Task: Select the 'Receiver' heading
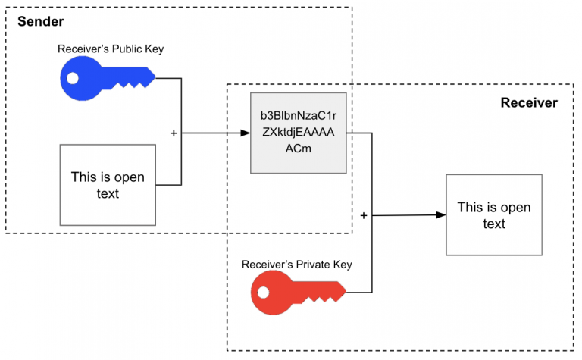[x=529, y=102]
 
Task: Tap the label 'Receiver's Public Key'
[x=111, y=49]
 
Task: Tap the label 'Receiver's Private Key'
[x=296, y=265]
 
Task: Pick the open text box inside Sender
[x=108, y=185]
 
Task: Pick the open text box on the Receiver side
[x=493, y=215]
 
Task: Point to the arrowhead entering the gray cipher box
[x=246, y=133]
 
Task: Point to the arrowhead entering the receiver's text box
[x=440, y=215]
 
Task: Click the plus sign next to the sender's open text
[x=174, y=133]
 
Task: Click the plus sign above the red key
[x=363, y=216]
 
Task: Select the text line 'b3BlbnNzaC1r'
[x=299, y=116]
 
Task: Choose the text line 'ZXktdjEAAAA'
[x=299, y=132]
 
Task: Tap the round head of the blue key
[x=79, y=77]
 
